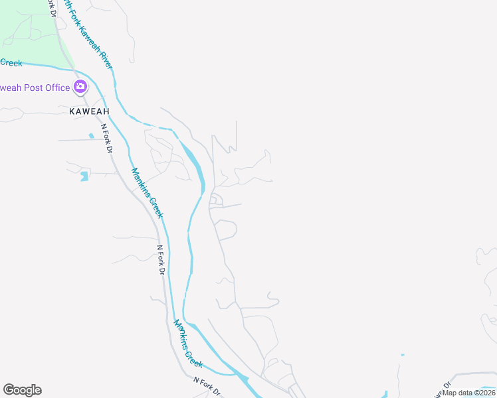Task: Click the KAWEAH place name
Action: pyautogui.click(x=89, y=111)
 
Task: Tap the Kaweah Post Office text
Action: pyautogui.click(x=35, y=88)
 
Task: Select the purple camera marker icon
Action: pyautogui.click(x=80, y=86)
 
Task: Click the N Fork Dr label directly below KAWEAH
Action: pyautogui.click(x=106, y=138)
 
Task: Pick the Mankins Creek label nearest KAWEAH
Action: pyautogui.click(x=146, y=192)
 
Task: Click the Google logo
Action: pyautogui.click(x=22, y=390)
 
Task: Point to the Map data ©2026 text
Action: pyautogui.click(x=469, y=393)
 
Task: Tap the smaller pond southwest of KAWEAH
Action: pyautogui.click(x=91, y=135)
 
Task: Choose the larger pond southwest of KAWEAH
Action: pyautogui.click(x=84, y=176)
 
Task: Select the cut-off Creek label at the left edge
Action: pyautogui.click(x=11, y=63)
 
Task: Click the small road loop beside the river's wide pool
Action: pyautogui.click(x=216, y=200)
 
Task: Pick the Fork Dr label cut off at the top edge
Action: pyautogui.click(x=50, y=5)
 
